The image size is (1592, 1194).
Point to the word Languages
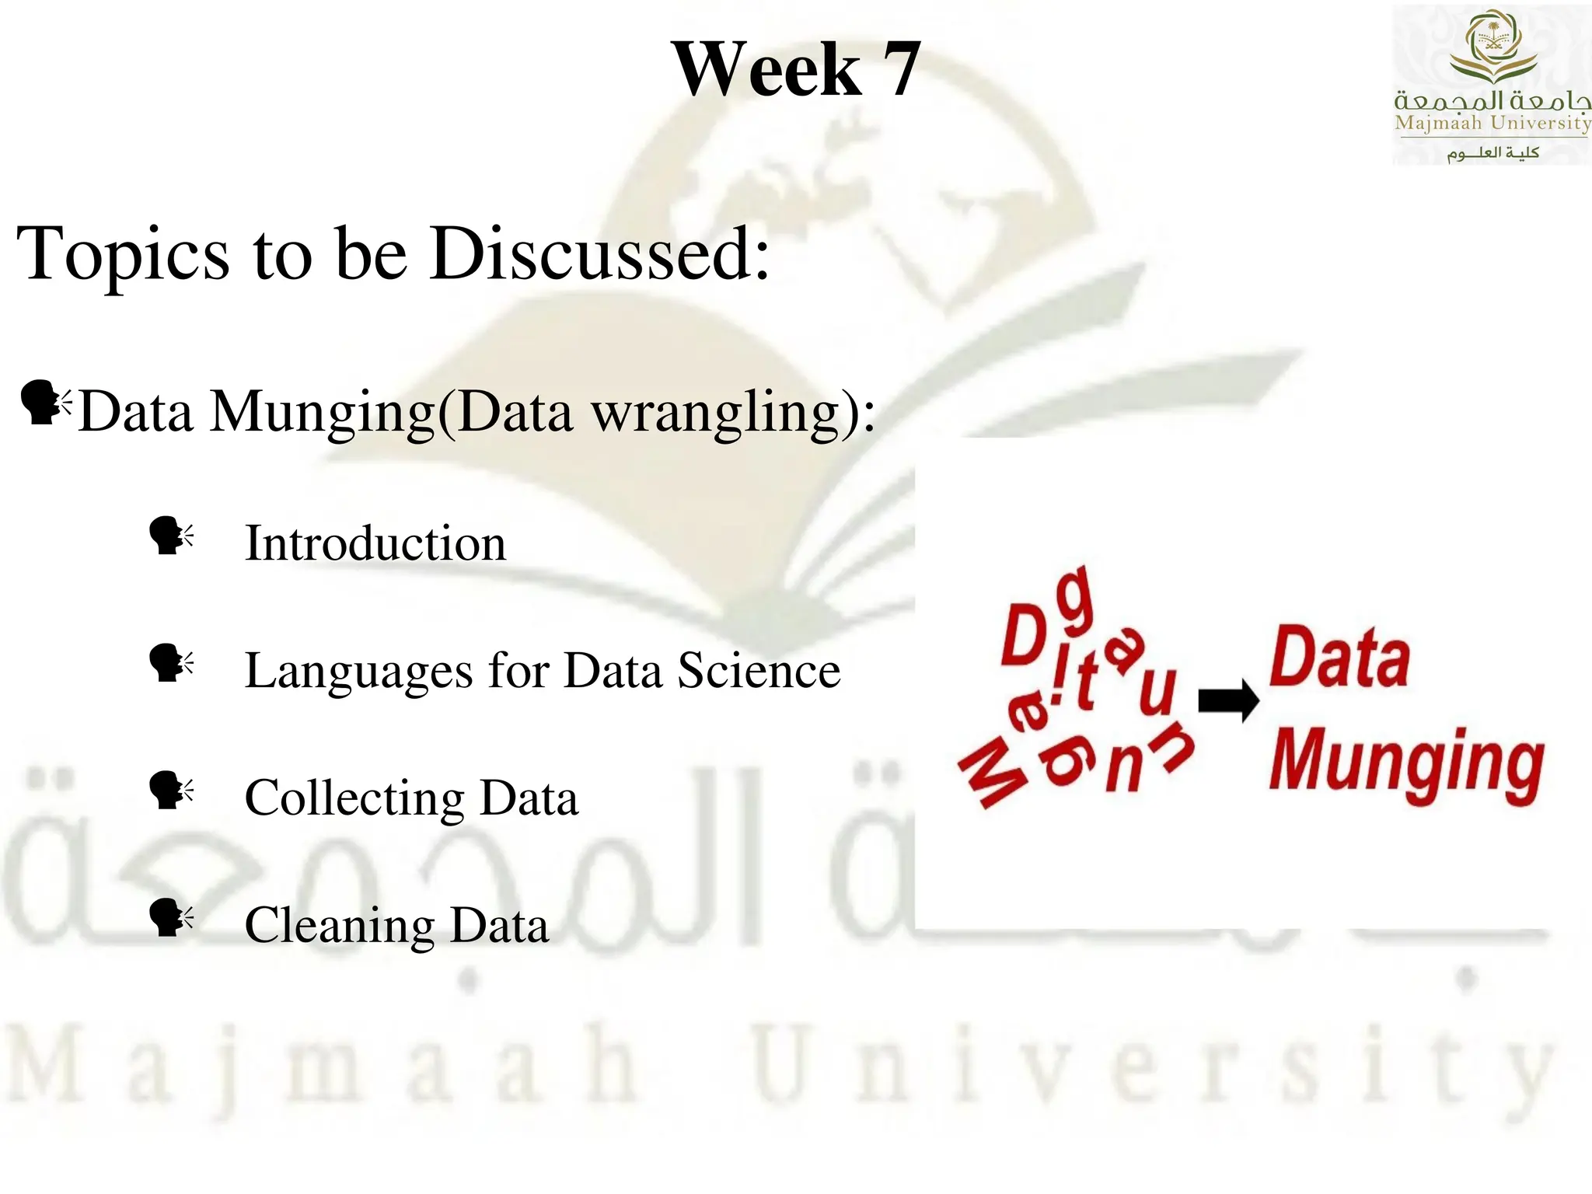pos(358,672)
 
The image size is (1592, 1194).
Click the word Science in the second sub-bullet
pos(759,670)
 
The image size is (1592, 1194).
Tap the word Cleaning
pos(340,927)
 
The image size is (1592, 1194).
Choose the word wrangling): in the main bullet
pos(734,412)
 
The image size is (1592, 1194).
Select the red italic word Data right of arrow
pos(1339,659)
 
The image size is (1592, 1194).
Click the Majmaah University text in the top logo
pos(1492,123)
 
